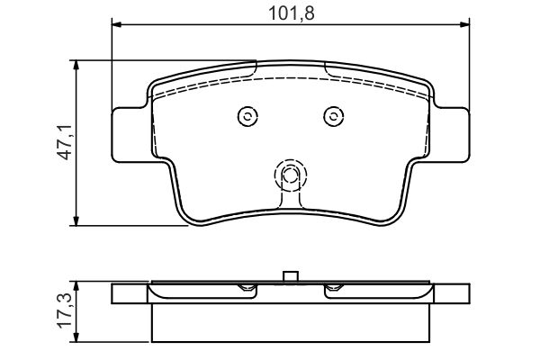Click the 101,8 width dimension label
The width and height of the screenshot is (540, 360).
(291, 13)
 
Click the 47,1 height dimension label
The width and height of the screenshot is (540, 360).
(65, 142)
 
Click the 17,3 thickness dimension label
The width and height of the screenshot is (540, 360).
(65, 310)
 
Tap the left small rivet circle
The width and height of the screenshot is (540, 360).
(247, 116)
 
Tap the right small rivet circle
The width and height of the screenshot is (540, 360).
(333, 116)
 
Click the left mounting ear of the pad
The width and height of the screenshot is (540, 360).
(130, 135)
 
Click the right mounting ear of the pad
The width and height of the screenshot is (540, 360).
(451, 135)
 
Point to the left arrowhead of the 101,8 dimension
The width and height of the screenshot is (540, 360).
(117, 24)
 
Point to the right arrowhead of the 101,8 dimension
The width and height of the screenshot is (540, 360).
(464, 24)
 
